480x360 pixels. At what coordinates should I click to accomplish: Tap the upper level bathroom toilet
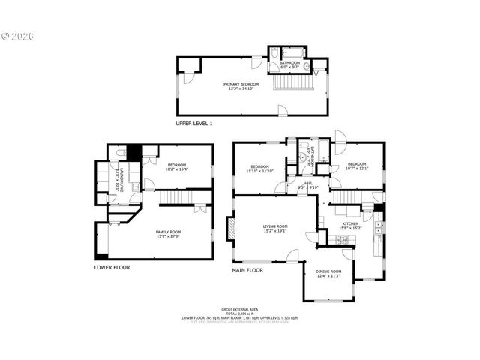pos(274,52)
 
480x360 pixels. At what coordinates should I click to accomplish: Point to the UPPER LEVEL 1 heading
pos(194,123)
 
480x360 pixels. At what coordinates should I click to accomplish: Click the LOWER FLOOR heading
pos(112,266)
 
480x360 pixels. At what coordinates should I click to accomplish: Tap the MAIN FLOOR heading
pos(247,270)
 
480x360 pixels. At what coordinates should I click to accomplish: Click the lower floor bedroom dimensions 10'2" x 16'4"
pos(177,169)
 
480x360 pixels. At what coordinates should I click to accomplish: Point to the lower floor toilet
pos(121,153)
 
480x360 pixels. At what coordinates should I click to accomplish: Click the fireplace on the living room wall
pos(230,227)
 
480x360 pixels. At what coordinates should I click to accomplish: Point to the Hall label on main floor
pos(307,183)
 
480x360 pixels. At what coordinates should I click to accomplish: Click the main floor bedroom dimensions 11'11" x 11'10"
pos(260,171)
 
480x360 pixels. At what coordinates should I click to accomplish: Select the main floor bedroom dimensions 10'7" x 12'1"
pos(356,168)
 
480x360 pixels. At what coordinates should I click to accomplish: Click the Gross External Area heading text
pos(239,309)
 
